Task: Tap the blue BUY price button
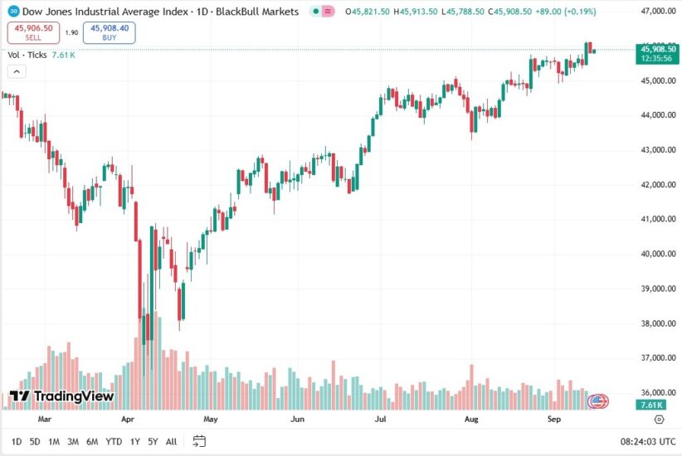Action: coord(110,32)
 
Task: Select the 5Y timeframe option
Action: coord(153,441)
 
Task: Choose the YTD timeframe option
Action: coord(114,441)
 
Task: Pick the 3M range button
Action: coord(73,441)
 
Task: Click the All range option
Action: coord(171,441)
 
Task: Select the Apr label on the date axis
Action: coord(127,420)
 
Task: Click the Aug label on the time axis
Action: coord(472,420)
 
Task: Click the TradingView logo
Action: coord(61,396)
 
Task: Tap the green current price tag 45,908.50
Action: coord(657,50)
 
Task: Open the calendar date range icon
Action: coord(199,441)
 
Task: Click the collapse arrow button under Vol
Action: coord(17,71)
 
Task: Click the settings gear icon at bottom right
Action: coord(659,420)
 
